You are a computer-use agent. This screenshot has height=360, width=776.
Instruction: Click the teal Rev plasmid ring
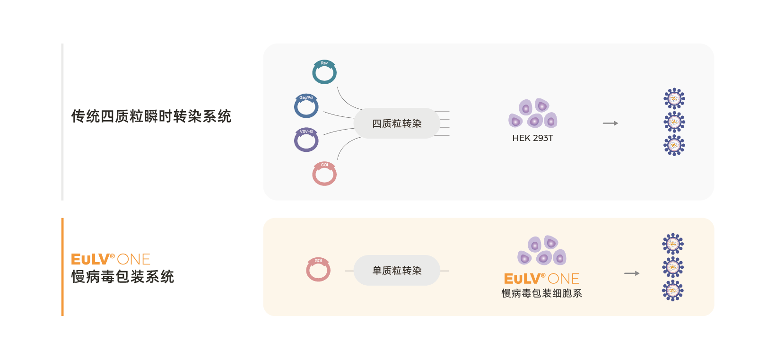(324, 72)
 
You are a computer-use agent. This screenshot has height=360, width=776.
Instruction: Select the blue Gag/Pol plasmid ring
(306, 106)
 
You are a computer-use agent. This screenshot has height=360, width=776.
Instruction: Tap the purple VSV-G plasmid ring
(306, 140)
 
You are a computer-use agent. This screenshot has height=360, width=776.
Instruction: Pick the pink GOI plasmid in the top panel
(324, 174)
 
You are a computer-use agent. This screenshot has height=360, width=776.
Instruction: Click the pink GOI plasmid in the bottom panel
(318, 270)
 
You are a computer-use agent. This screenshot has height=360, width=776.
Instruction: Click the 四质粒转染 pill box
(397, 123)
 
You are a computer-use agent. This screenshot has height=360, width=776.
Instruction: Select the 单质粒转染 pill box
(397, 271)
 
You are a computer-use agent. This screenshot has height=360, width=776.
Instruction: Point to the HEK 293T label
(532, 138)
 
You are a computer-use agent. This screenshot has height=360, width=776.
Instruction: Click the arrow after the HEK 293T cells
(610, 123)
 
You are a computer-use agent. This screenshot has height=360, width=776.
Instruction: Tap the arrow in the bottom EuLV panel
(632, 273)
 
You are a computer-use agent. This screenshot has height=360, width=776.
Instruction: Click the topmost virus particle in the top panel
(674, 99)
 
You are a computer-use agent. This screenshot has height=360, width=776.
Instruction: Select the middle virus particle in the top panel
(674, 122)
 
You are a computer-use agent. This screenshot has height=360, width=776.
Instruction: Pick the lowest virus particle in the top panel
(674, 145)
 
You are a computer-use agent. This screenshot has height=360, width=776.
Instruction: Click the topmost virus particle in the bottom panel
(673, 244)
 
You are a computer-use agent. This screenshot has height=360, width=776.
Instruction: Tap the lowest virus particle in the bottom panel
(673, 290)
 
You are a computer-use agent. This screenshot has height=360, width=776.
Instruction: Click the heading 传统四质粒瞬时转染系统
(151, 116)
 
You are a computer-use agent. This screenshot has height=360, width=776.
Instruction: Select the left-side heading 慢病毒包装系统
(122, 277)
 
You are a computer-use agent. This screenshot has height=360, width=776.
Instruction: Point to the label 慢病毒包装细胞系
(542, 293)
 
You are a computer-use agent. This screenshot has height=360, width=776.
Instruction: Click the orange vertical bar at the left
(62, 267)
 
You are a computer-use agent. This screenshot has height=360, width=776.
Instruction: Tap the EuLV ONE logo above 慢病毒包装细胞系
(542, 279)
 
